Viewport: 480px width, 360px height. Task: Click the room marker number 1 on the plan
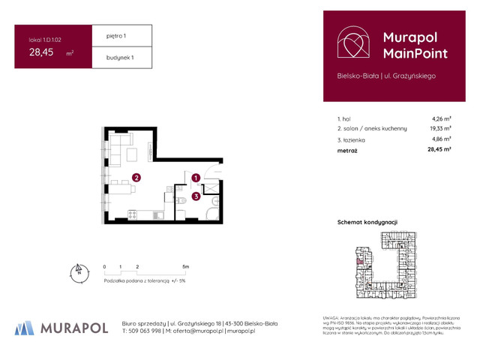[195, 178]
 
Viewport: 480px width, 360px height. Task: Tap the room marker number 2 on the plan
[136, 178]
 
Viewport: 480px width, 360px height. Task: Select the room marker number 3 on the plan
[195, 196]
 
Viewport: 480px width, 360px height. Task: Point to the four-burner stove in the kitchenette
[132, 215]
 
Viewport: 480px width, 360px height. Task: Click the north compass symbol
[77, 271]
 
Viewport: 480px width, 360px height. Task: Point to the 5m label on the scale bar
[185, 266]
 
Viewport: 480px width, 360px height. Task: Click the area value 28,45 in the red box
[41, 52]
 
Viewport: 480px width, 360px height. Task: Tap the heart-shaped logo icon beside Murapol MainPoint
[352, 43]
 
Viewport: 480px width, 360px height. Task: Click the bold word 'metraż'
[347, 151]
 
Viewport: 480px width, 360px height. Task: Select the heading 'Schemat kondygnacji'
[368, 222]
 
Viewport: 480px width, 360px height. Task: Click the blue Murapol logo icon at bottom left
[25, 327]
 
